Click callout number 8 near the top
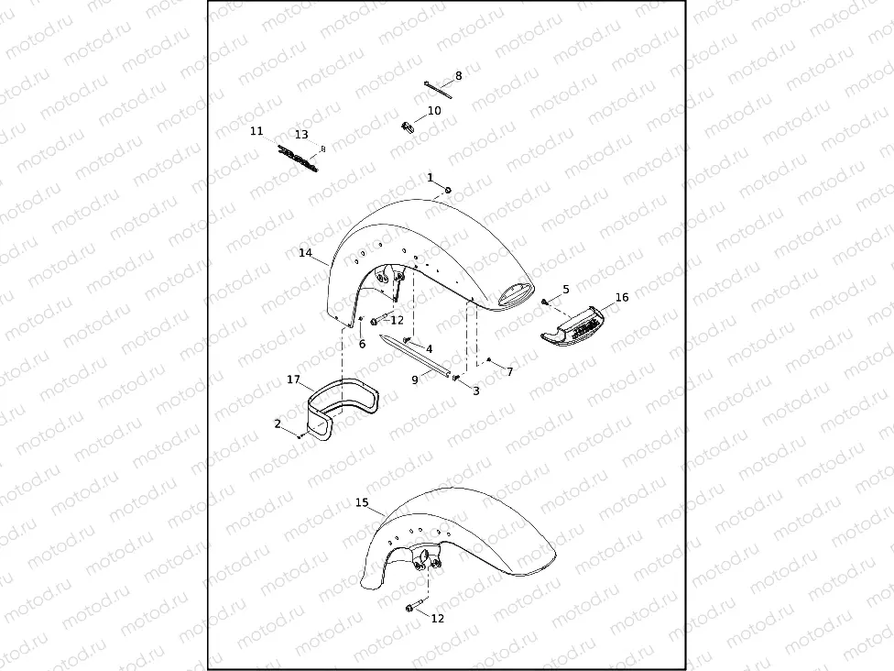459,76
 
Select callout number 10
434,110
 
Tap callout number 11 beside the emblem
256,131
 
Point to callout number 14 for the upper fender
305,252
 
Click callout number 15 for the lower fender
362,502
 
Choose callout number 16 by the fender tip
622,297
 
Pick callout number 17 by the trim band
293,379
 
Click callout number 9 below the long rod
415,379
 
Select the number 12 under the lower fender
437,618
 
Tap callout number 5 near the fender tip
566,290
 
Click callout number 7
510,371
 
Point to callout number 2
278,423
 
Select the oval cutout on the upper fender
516,293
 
